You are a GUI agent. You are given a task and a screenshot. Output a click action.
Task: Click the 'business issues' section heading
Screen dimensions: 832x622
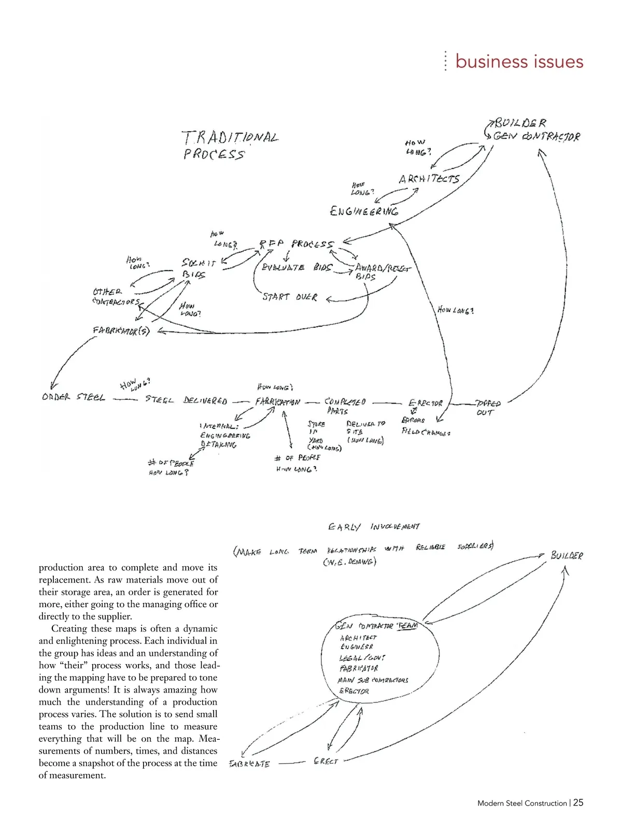(x=519, y=61)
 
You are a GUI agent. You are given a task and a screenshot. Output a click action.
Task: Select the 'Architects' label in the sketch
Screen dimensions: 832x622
(x=429, y=179)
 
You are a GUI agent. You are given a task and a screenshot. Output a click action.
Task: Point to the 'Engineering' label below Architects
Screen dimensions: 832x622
(x=364, y=211)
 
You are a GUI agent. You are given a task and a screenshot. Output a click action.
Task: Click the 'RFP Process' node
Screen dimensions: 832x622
(x=296, y=244)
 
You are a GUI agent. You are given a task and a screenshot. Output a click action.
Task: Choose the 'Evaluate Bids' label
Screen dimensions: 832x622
(x=297, y=268)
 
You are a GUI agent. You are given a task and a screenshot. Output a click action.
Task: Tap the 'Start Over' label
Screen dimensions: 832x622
(x=290, y=297)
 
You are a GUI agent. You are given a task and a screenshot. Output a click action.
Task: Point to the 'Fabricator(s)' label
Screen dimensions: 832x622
(x=121, y=331)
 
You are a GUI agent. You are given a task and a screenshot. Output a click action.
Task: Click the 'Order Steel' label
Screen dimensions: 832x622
(x=74, y=398)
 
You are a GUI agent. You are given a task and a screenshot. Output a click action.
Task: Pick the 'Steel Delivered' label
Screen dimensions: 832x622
(x=186, y=400)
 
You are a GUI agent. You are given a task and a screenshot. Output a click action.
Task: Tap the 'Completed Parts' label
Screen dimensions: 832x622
(x=344, y=406)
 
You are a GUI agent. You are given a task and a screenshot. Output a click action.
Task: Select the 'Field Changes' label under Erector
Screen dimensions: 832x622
(x=426, y=432)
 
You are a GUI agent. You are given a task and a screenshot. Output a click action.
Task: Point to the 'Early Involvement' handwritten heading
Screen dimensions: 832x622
(x=374, y=527)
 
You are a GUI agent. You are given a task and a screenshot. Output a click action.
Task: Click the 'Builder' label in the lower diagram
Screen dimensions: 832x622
(x=567, y=555)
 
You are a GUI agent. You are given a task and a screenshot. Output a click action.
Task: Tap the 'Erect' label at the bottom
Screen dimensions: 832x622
(x=326, y=761)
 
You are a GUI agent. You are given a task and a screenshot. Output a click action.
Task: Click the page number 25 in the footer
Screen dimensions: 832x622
(x=578, y=802)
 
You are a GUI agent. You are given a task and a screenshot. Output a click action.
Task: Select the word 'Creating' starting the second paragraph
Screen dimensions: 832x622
(x=69, y=628)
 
